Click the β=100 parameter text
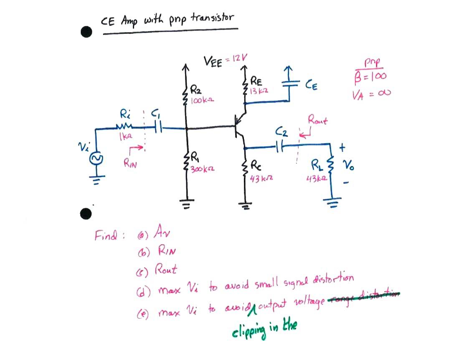click(x=370, y=76)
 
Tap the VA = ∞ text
click(x=370, y=95)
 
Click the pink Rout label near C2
click(x=318, y=121)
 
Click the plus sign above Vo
click(x=343, y=147)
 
